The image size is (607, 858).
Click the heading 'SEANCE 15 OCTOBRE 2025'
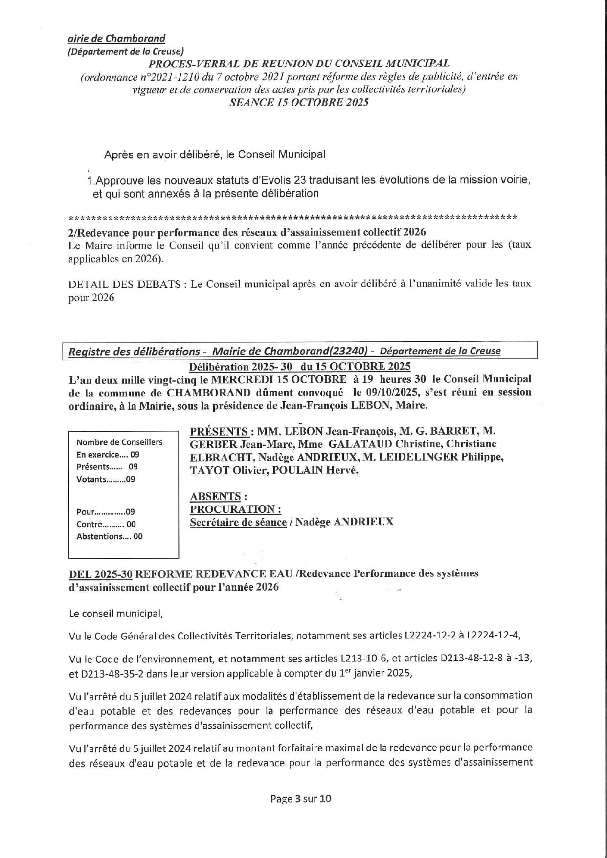(x=299, y=102)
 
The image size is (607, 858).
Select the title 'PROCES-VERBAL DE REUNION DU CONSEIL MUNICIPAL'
(x=299, y=64)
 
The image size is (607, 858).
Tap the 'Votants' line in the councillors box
(x=106, y=479)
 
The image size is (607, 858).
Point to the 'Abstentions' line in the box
(x=110, y=536)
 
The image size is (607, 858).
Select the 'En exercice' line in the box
(x=108, y=455)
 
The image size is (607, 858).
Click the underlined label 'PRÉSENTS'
(x=219, y=431)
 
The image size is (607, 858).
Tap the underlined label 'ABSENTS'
(x=215, y=496)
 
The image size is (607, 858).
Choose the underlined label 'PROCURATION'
(x=235, y=509)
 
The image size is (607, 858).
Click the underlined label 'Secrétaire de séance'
(x=238, y=522)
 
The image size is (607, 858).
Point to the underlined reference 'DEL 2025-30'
(x=101, y=573)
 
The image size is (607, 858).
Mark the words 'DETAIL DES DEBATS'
(x=124, y=284)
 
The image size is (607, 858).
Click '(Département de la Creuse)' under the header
(x=125, y=51)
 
